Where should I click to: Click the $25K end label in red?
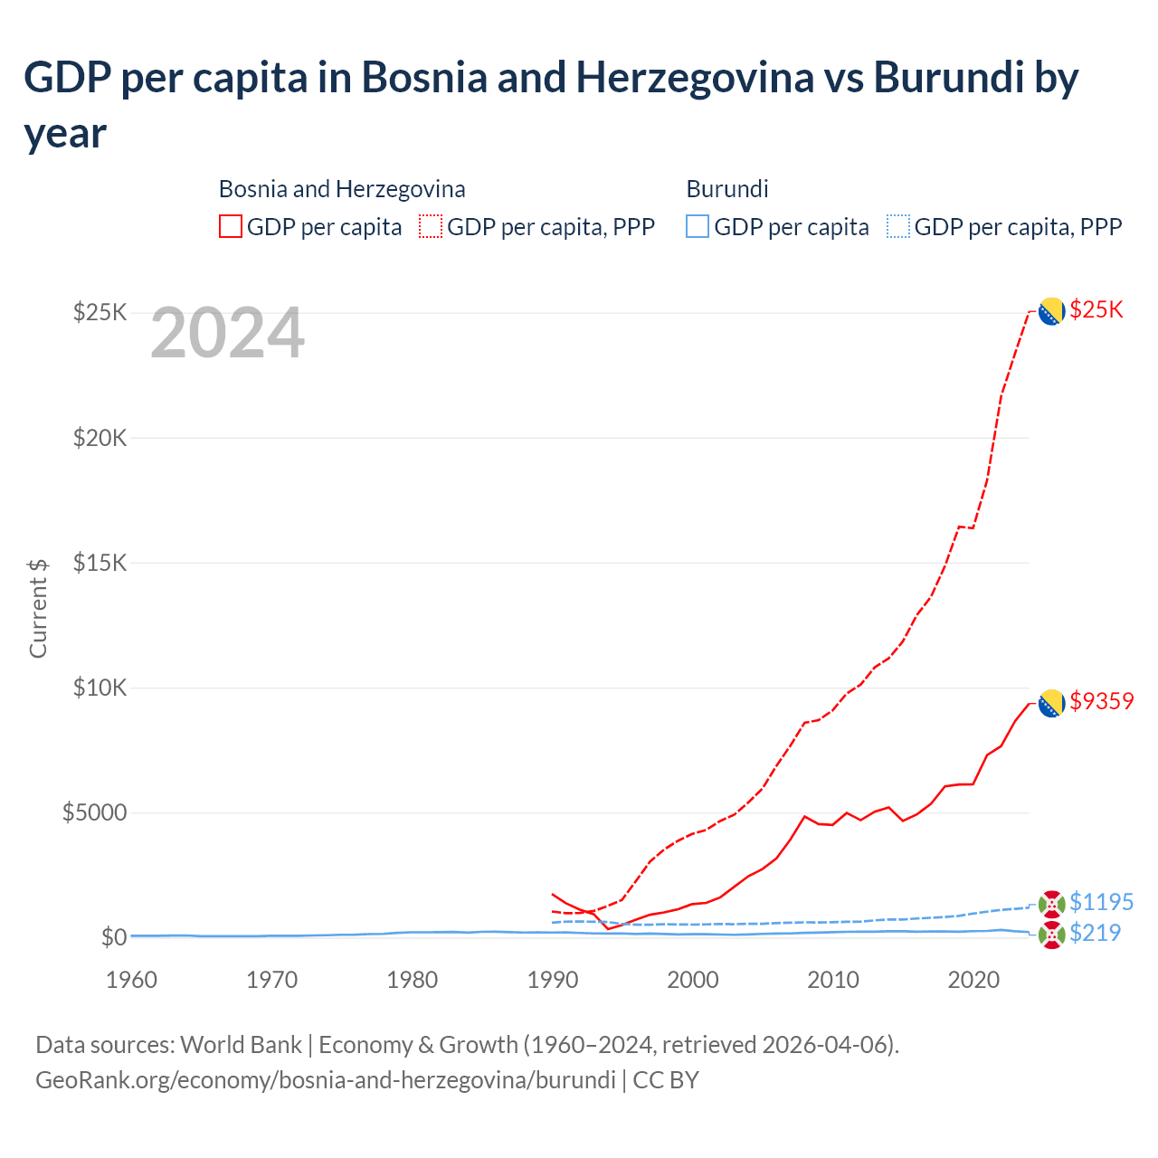[1096, 310]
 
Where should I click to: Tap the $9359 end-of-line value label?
[1101, 701]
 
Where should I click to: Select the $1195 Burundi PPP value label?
[1101, 902]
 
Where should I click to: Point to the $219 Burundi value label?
[1095, 933]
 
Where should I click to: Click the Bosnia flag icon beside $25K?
[1050, 311]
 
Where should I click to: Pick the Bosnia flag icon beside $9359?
[1050, 703]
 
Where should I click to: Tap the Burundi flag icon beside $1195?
[1051, 903]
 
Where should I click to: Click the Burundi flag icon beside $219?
[1051, 935]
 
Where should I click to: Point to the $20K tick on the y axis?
[100, 439]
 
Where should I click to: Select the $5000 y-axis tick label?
[94, 812]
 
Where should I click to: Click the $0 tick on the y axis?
[113, 937]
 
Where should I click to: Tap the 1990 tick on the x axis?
[553, 980]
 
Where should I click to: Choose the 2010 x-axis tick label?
[833, 980]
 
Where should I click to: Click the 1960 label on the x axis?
[132, 980]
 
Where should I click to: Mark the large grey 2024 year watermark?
[227, 334]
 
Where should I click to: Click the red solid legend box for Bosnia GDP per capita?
[231, 226]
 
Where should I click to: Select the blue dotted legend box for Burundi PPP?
[898, 226]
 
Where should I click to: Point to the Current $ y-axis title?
[38, 608]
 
